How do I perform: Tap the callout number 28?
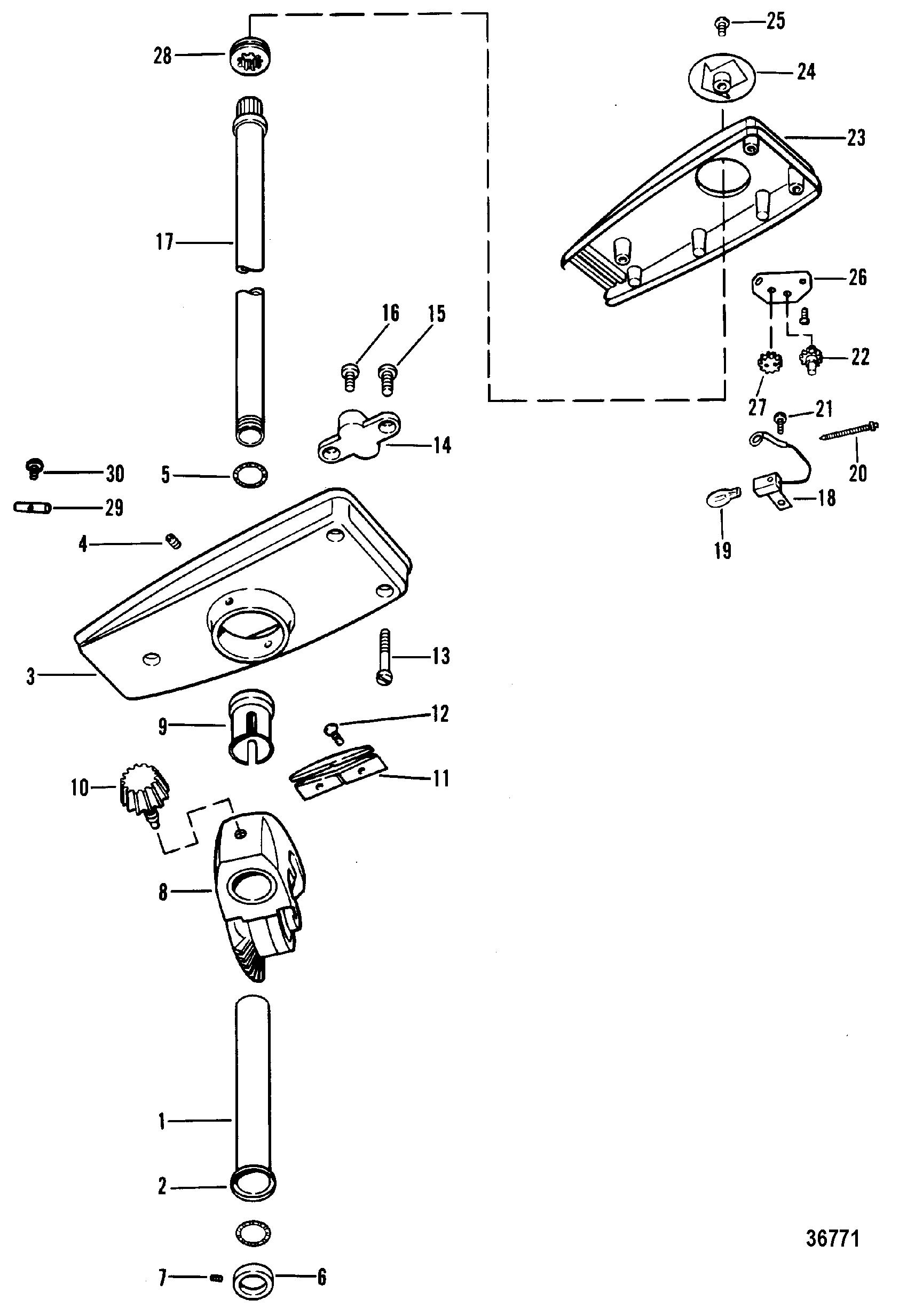163,55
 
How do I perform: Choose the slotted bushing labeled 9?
251,727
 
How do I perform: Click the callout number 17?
164,243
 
